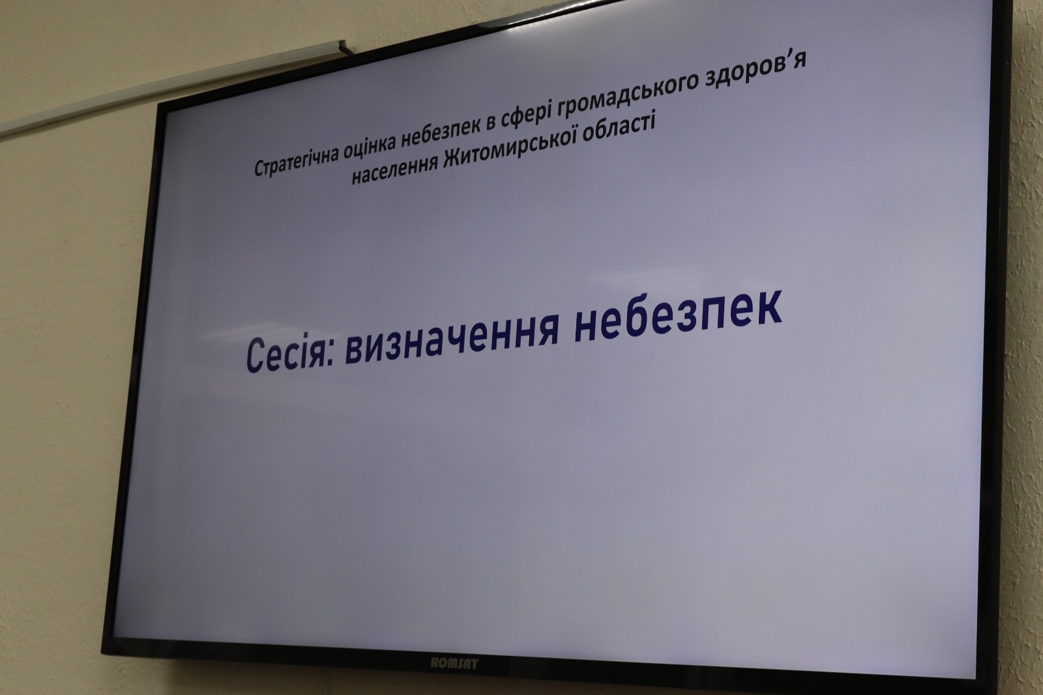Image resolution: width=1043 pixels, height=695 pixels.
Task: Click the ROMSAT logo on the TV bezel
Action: [x=454, y=663]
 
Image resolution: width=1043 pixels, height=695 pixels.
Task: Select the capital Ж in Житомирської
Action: [x=451, y=157]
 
